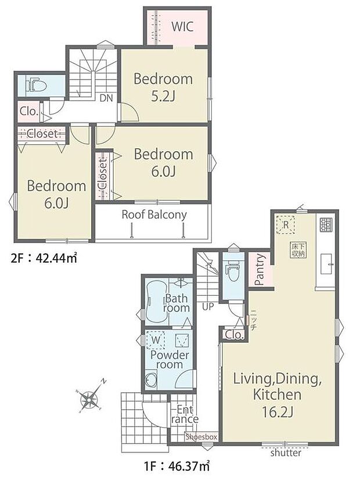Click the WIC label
click(182, 27)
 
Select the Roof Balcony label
click(154, 214)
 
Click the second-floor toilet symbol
click(36, 86)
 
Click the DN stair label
click(106, 98)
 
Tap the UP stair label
click(208, 306)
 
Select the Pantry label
click(260, 270)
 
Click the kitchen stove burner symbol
click(326, 224)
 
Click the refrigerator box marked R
click(285, 225)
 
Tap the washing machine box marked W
click(156, 339)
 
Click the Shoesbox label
click(201, 436)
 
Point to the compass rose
click(89, 399)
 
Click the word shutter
click(285, 453)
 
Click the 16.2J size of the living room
click(278, 413)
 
